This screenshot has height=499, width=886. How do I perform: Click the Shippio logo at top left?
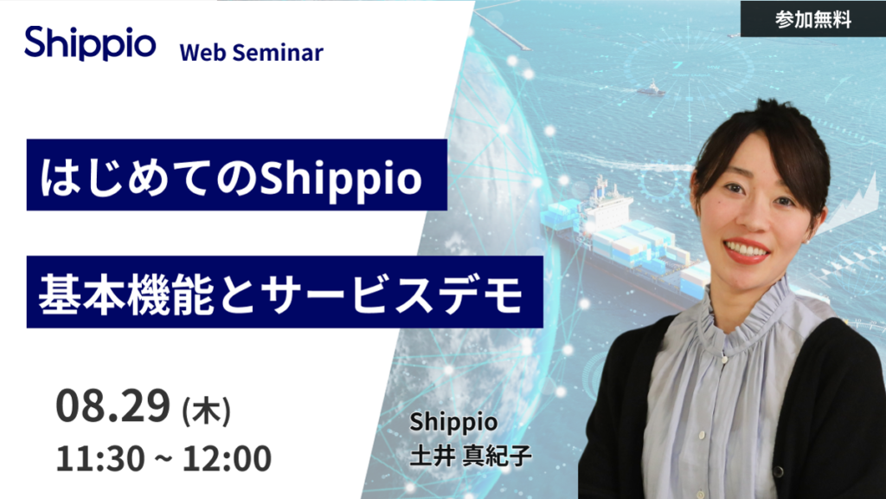[90, 43]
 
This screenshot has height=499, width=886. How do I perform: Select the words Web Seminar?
[251, 52]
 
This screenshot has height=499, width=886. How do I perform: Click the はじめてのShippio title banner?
[236, 178]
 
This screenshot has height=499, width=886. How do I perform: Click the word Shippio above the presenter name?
[453, 423]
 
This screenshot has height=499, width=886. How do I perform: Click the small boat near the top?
[651, 88]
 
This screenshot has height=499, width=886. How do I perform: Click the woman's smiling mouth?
[746, 250]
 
